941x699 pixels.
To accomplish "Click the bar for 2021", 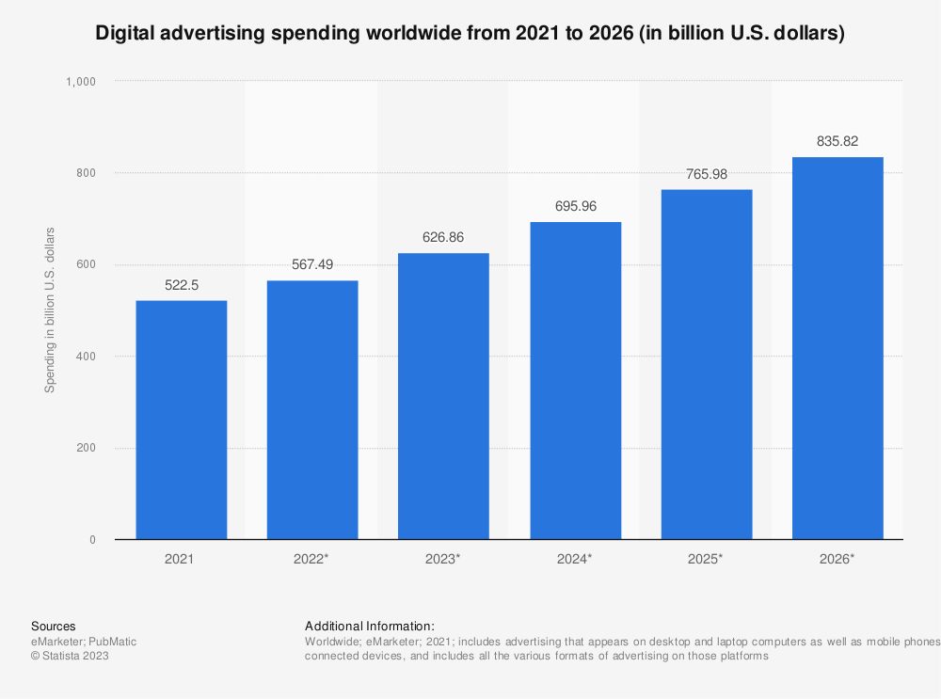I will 181,420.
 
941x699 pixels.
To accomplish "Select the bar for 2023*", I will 443,396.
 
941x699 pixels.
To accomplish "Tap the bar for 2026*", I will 837,348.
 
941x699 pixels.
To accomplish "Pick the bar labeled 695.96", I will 575,380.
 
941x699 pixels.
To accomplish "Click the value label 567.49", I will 312,264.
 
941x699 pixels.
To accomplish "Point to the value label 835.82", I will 837,141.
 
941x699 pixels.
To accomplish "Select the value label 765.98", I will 706,174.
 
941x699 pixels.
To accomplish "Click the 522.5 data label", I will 181,285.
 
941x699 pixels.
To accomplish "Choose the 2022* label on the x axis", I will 312,559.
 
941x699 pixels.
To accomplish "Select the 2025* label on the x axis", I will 706,559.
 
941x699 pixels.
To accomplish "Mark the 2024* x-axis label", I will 575,559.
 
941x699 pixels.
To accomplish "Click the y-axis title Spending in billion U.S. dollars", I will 50,310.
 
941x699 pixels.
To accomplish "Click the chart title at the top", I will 470,35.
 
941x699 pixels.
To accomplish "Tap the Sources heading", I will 54,626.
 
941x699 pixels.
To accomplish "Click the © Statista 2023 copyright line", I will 70,657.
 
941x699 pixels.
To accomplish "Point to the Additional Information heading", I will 370,626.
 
